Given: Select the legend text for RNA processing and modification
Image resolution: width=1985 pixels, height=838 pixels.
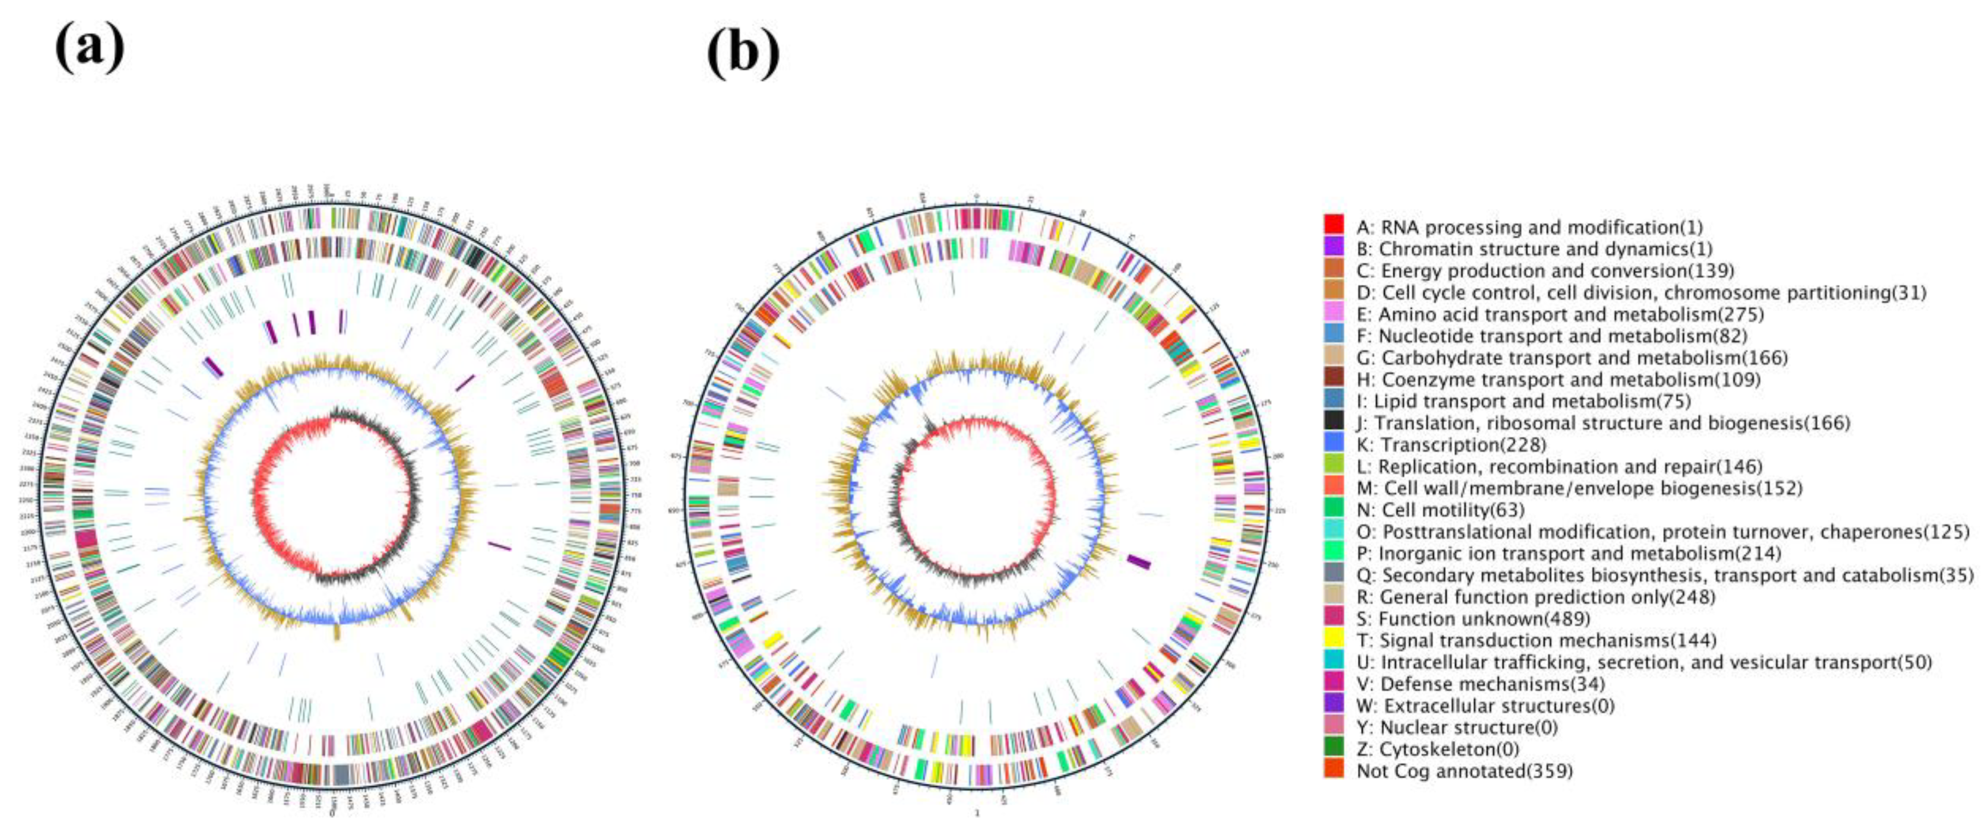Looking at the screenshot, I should click(x=1530, y=227).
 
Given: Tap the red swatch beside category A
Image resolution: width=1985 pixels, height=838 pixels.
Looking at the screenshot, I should click(x=1334, y=224).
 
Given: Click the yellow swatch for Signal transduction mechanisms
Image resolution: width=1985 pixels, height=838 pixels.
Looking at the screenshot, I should click(x=1334, y=638).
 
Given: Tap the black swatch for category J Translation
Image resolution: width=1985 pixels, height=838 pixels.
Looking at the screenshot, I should click(x=1334, y=420).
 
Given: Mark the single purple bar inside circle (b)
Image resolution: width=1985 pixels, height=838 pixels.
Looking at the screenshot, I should click(x=1139, y=562).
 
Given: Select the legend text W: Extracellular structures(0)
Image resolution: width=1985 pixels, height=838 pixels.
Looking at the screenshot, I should click(x=1485, y=706).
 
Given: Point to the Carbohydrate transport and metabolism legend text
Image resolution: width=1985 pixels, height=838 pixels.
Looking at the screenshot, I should click(x=1572, y=358).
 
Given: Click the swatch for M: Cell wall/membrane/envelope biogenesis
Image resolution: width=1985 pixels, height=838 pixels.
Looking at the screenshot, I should click(x=1334, y=486).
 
